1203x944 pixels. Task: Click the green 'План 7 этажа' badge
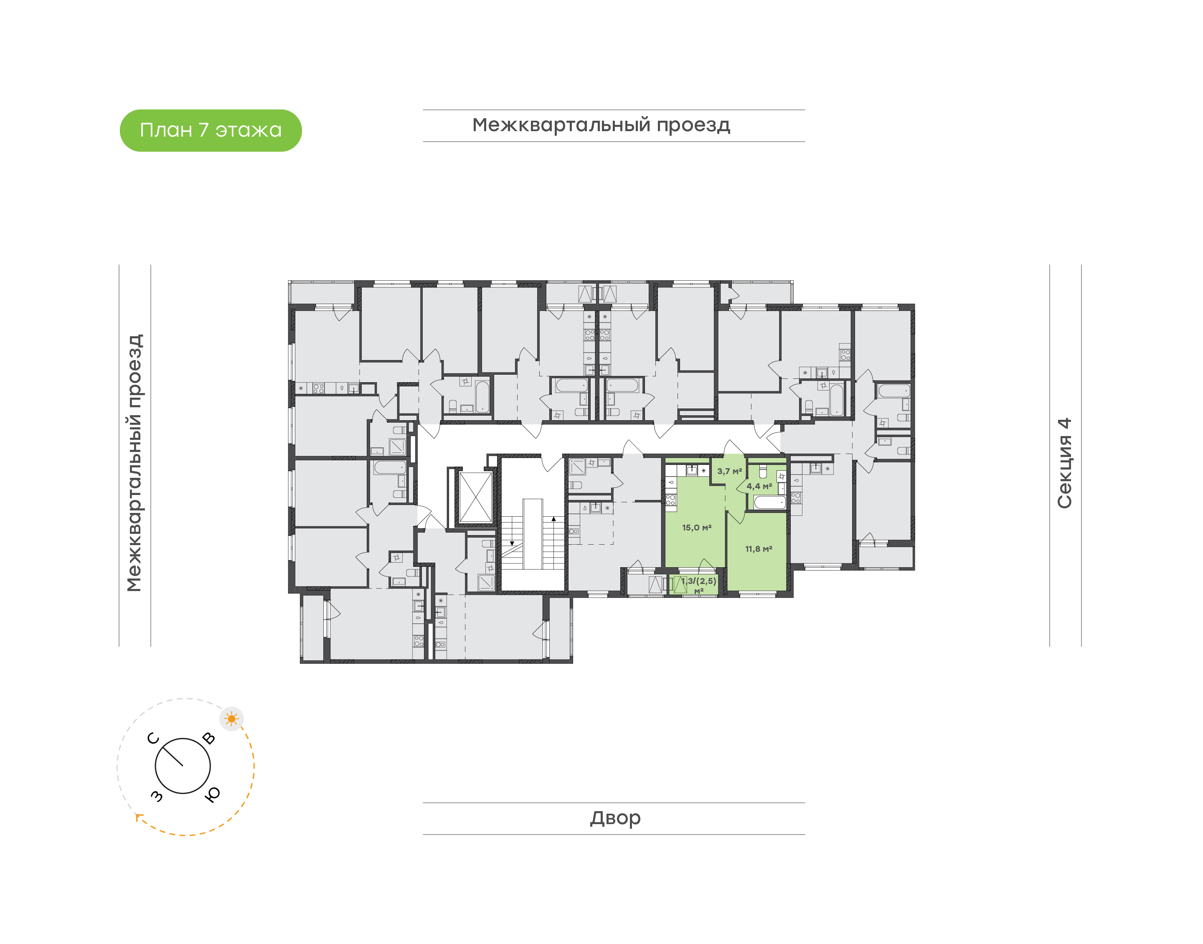coord(211,130)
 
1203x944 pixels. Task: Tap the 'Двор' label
coord(615,818)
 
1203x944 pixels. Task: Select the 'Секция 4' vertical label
coord(1064,463)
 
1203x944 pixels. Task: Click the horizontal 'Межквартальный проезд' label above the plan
coord(601,125)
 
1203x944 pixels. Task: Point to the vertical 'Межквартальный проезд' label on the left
coord(134,463)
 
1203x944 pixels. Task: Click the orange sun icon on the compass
coord(231,719)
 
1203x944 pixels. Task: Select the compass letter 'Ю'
coord(212,794)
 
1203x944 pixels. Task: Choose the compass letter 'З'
coord(157,795)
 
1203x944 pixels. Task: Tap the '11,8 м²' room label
coord(758,549)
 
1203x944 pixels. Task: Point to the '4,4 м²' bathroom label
coord(759,486)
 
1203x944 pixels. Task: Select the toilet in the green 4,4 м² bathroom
coord(763,472)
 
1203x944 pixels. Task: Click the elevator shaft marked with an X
coord(475,497)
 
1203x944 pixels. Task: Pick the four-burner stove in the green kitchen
coord(670,500)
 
